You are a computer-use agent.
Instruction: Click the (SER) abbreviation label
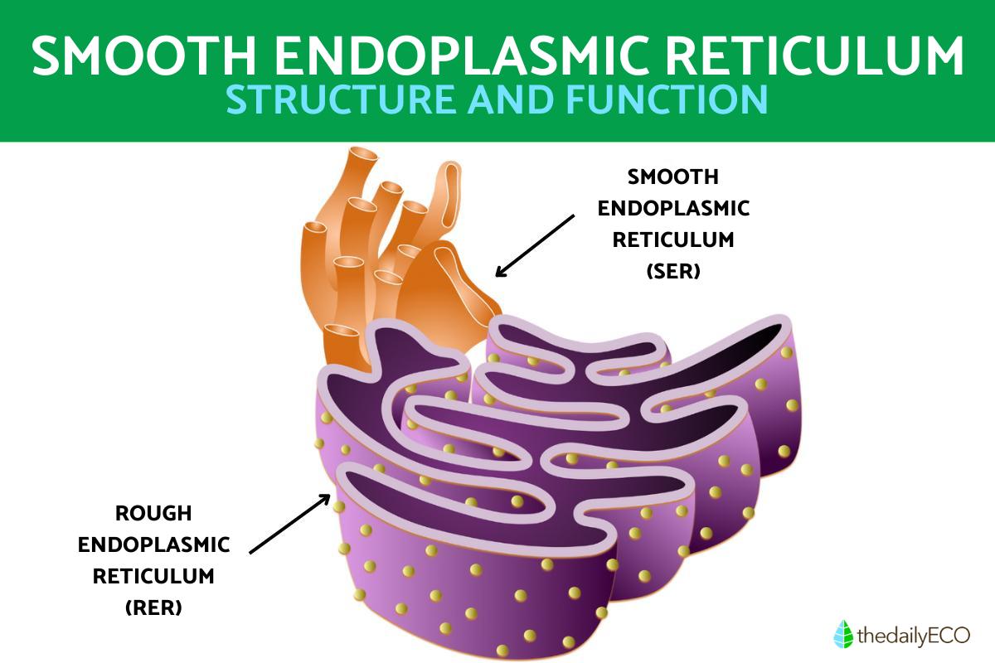[673, 271]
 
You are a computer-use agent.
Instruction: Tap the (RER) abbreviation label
[153, 607]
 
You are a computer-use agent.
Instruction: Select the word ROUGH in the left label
[153, 514]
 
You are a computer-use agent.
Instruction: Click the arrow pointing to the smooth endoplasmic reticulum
[535, 245]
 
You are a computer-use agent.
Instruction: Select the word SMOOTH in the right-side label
[673, 177]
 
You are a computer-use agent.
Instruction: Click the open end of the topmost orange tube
[362, 157]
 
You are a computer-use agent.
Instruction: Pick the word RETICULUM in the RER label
[153, 576]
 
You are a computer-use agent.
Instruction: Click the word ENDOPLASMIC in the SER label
[673, 208]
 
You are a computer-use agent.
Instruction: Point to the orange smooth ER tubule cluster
[390, 249]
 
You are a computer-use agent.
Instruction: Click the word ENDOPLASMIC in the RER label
[153, 544]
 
